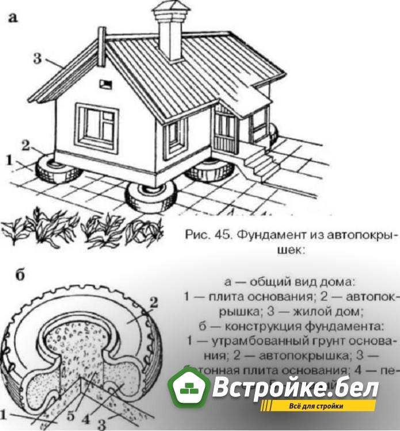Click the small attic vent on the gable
[105, 85]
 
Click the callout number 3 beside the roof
[37, 59]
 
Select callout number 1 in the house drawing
[9, 160]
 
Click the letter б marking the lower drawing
[20, 275]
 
